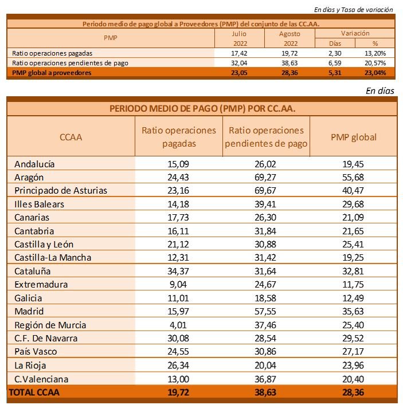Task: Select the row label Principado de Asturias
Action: pos(61,191)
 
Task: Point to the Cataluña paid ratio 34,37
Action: pos(178,271)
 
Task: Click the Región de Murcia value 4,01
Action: pos(178,325)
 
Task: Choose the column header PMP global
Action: pos(353,137)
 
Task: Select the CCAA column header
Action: pos(71,137)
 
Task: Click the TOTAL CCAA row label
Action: pos(33,392)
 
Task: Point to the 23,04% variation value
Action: pos(375,73)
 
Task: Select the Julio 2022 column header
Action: pos(239,38)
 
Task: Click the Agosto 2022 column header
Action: pos(290,38)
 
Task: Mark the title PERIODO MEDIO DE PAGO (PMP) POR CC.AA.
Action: pos(201,108)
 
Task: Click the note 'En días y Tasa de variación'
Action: pos(354,9)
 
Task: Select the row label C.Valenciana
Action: pos(42,379)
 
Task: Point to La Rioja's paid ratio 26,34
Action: pos(178,365)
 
